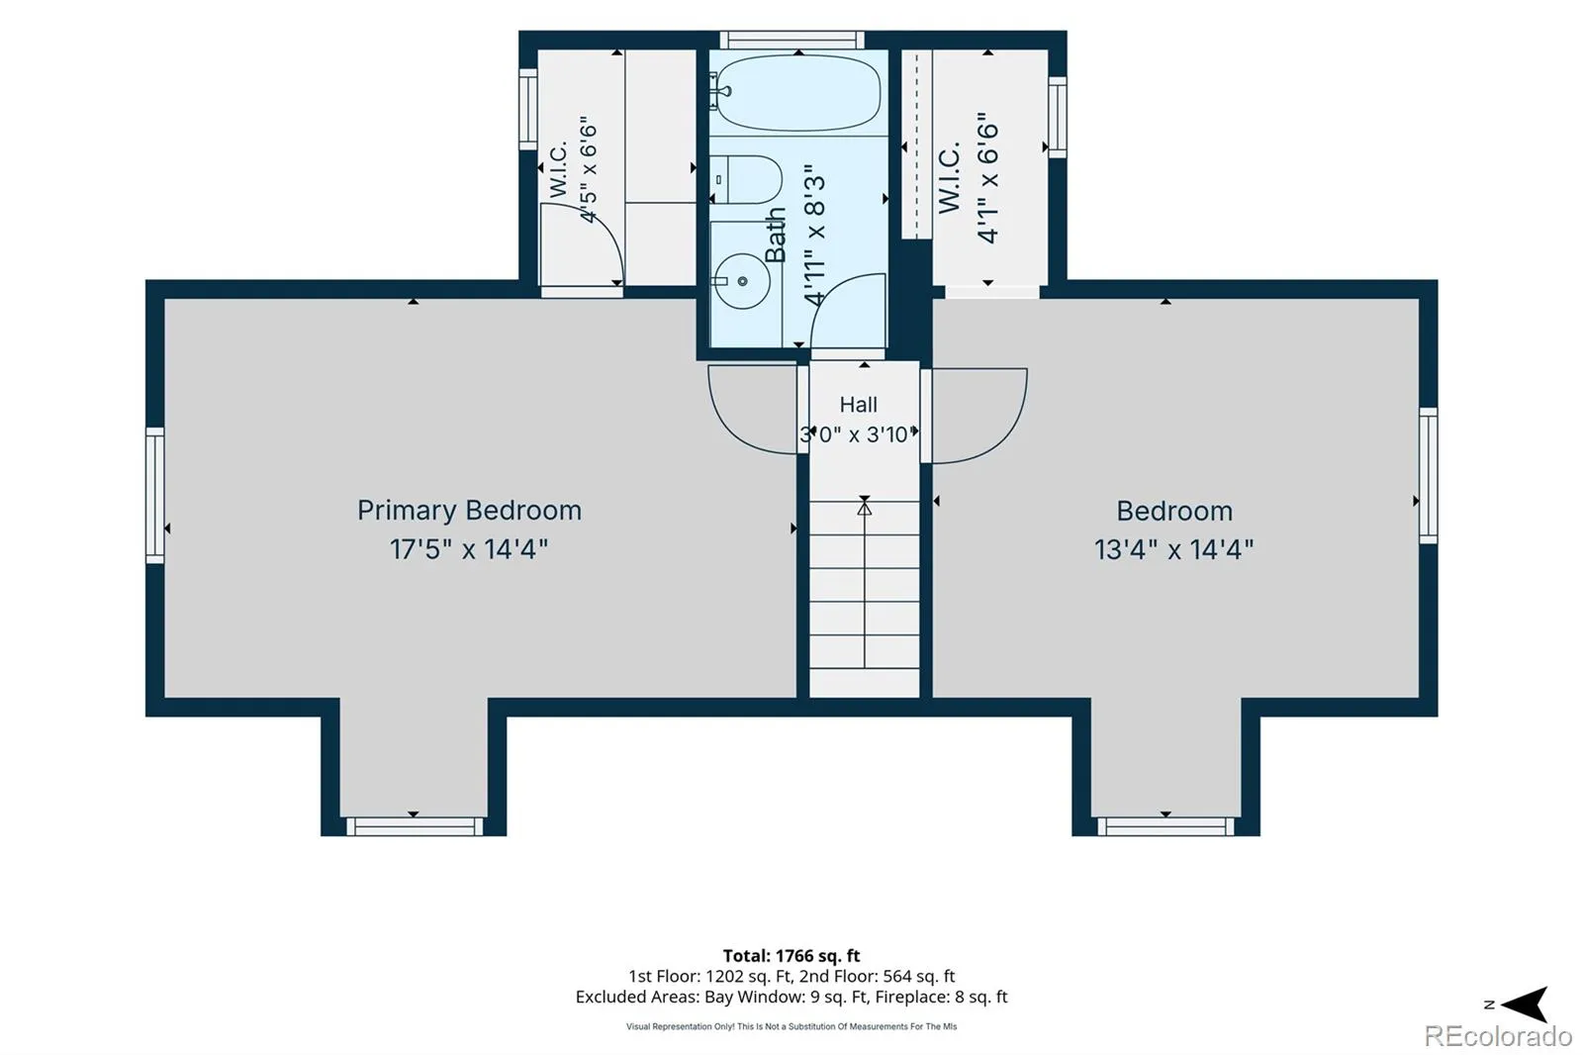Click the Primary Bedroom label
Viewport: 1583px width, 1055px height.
469,511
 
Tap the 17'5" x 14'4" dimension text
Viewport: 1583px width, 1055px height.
469,548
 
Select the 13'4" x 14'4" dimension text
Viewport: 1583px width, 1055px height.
1173,549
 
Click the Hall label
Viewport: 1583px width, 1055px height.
859,405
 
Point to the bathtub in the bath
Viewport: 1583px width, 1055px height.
798,93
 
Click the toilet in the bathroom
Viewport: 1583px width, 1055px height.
747,179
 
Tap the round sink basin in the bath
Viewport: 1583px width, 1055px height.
743,281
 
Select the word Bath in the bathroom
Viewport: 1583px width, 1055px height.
776,235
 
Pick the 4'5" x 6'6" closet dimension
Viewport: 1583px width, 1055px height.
588,169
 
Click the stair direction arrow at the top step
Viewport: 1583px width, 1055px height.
865,507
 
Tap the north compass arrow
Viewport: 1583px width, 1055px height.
1526,1005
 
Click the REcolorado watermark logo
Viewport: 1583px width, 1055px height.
1498,1036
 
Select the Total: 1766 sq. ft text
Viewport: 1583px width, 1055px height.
791,956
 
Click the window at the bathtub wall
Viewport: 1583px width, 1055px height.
792,40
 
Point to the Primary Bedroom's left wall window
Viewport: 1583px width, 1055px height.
154,495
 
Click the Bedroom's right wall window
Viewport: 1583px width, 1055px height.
1429,475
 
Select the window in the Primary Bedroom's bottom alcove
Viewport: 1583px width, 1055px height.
415,826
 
